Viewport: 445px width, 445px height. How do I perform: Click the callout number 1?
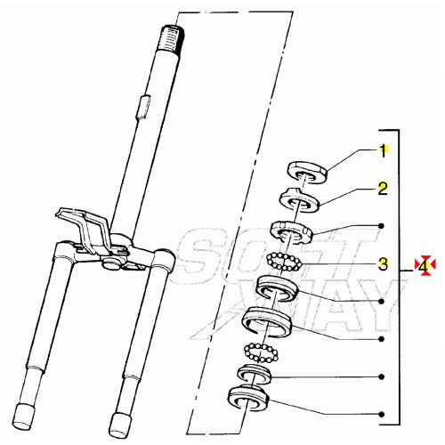point(383,151)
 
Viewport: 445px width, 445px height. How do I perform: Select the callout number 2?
point(383,189)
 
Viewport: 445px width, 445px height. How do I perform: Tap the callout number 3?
point(383,263)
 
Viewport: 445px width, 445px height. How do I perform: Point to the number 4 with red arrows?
point(425,265)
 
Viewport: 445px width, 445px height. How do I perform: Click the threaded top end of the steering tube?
point(172,39)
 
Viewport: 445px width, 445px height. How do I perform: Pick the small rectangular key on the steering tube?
point(143,107)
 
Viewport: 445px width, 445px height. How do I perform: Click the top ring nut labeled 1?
point(308,172)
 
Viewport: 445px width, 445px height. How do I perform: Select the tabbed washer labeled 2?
point(300,200)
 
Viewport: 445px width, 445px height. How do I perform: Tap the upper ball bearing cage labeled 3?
point(284,262)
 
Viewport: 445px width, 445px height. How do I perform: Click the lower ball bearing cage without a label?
point(261,352)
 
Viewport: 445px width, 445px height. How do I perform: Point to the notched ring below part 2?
point(291,232)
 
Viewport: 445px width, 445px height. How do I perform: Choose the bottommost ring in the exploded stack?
point(247,398)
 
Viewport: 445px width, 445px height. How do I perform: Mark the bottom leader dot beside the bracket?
point(382,414)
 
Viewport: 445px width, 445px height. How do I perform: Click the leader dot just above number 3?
point(382,226)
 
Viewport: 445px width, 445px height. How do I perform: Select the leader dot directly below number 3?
point(382,301)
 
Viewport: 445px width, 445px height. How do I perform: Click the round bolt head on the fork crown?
point(110,263)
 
